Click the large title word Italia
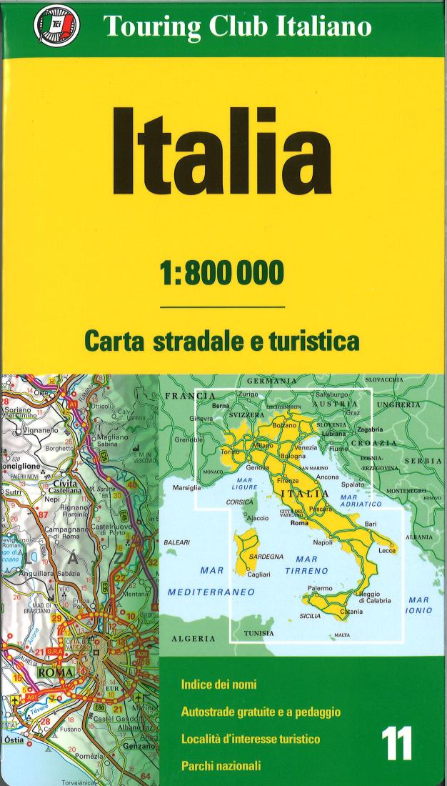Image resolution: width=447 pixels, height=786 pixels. click(x=223, y=147)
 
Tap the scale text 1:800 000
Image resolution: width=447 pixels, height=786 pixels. click(x=223, y=272)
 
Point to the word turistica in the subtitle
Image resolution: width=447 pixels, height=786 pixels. click(x=313, y=341)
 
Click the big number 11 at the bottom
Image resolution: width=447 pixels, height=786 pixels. click(x=396, y=743)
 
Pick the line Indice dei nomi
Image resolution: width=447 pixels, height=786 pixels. click(x=219, y=685)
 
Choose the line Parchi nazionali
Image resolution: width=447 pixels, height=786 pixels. click(x=221, y=766)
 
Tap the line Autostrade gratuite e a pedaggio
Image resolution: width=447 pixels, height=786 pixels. click(x=261, y=712)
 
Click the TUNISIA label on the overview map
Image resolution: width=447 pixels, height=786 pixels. click(x=258, y=633)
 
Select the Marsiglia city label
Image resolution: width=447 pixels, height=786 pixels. click(x=186, y=488)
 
